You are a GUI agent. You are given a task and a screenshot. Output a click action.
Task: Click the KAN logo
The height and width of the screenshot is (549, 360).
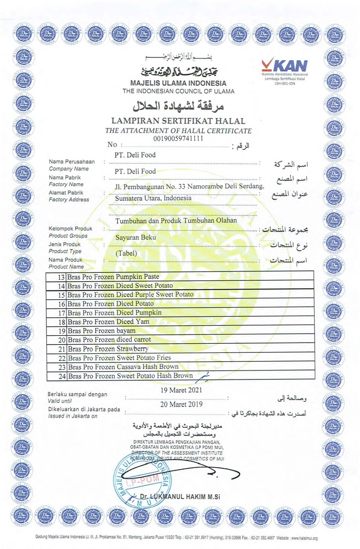pos(284,65)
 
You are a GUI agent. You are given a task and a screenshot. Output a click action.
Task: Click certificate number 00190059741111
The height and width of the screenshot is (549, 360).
pos(178,139)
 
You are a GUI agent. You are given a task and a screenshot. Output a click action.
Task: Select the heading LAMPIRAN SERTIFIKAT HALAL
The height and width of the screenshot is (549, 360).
pos(178,121)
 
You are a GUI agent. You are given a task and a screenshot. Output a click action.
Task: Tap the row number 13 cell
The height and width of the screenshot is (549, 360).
pos(61,277)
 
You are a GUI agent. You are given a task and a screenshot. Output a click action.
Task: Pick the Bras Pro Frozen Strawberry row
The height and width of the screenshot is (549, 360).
pos(108,349)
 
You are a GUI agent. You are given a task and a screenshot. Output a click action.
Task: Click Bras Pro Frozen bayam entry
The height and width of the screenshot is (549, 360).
pos(101,331)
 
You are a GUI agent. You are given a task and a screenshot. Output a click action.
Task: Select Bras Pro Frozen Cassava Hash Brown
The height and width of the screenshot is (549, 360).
pos(123,367)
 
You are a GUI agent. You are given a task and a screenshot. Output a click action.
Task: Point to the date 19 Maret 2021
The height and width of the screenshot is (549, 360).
pos(181,390)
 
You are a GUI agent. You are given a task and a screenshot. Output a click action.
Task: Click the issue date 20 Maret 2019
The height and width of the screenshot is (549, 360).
pos(181,404)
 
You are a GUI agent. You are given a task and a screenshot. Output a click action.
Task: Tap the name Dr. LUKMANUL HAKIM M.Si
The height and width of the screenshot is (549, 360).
pos(180,497)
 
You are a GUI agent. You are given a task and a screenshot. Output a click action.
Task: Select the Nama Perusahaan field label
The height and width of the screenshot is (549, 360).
pos(71,162)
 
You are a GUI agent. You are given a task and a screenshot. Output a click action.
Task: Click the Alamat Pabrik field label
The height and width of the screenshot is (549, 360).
pos(66,193)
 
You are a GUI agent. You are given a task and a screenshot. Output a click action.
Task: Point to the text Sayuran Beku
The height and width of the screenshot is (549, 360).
pos(135,237)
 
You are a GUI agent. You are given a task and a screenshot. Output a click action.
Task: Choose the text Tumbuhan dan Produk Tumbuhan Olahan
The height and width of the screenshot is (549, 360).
pos(176,221)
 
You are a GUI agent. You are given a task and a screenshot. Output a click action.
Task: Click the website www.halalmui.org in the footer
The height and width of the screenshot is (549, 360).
pos(304,538)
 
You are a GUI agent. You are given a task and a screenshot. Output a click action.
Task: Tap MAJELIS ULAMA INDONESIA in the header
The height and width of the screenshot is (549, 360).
pos(178,83)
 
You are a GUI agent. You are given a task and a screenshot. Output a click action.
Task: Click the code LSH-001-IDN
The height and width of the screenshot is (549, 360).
pos(285,84)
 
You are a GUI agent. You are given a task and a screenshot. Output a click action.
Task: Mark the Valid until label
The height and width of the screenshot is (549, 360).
pos(60,401)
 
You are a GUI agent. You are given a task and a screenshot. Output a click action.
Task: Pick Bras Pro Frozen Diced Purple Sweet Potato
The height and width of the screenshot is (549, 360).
pos(130,294)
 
